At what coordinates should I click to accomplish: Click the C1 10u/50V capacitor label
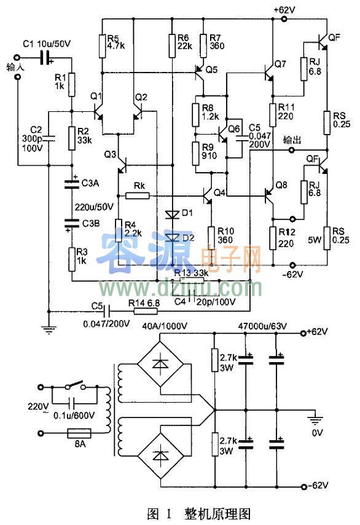tap(45, 44)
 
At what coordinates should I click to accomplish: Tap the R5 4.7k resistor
tap(103, 44)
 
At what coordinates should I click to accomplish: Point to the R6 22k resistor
tap(171, 44)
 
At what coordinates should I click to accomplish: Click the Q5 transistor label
tap(211, 69)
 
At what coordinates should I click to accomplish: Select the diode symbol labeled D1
tap(171, 215)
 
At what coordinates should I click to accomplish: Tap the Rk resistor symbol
tap(138, 195)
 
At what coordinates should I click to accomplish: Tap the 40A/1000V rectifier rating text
tap(164, 325)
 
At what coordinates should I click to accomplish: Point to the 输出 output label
tap(292, 140)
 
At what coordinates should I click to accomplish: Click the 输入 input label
tap(13, 66)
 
